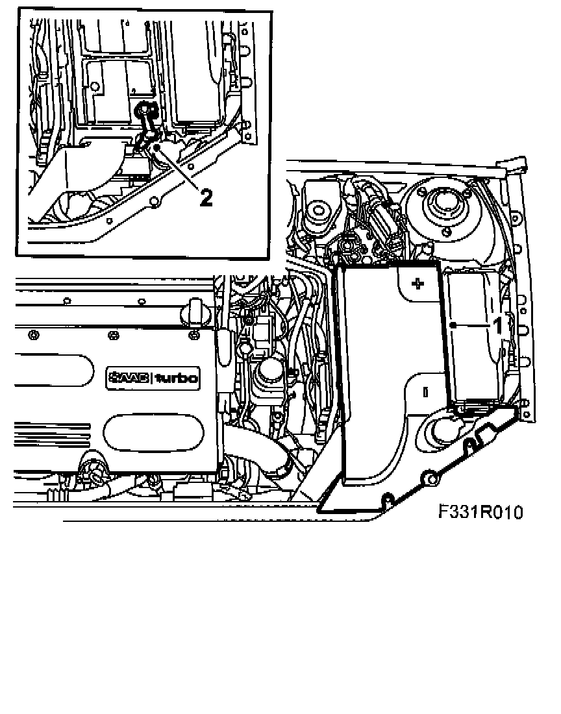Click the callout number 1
pyautogui.click(x=498, y=325)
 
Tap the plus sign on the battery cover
pyautogui.click(x=418, y=284)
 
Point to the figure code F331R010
pyautogui.click(x=480, y=513)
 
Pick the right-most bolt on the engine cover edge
pyautogui.click(x=193, y=334)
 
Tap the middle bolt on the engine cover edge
pyautogui.click(x=114, y=334)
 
